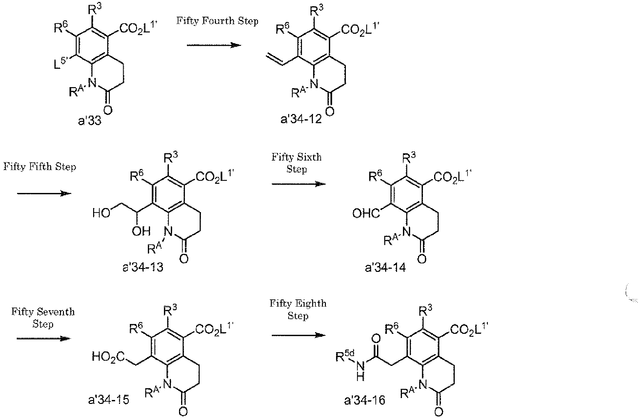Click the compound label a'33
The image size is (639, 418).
pyautogui.click(x=90, y=121)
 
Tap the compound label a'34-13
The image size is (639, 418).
pyautogui.click(x=143, y=268)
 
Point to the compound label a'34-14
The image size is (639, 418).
pyautogui.click(x=385, y=268)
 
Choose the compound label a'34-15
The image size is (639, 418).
pyautogui.click(x=108, y=400)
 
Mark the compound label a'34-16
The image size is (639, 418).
pyautogui.click(x=365, y=400)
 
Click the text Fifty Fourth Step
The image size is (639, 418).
pyautogui.click(x=217, y=21)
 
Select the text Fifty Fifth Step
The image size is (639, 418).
pyautogui.click(x=40, y=167)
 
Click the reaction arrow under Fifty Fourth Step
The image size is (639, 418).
pyautogui.click(x=214, y=45)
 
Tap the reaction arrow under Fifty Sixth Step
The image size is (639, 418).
pyautogui.click(x=298, y=184)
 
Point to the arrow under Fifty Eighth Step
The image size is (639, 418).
pyautogui.click(x=298, y=335)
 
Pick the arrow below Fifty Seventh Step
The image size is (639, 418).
pyautogui.click(x=43, y=338)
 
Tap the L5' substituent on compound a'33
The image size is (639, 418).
pyautogui.click(x=62, y=63)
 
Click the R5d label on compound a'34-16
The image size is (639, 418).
pyautogui.click(x=344, y=356)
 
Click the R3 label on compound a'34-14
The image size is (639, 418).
pyautogui.click(x=409, y=159)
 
